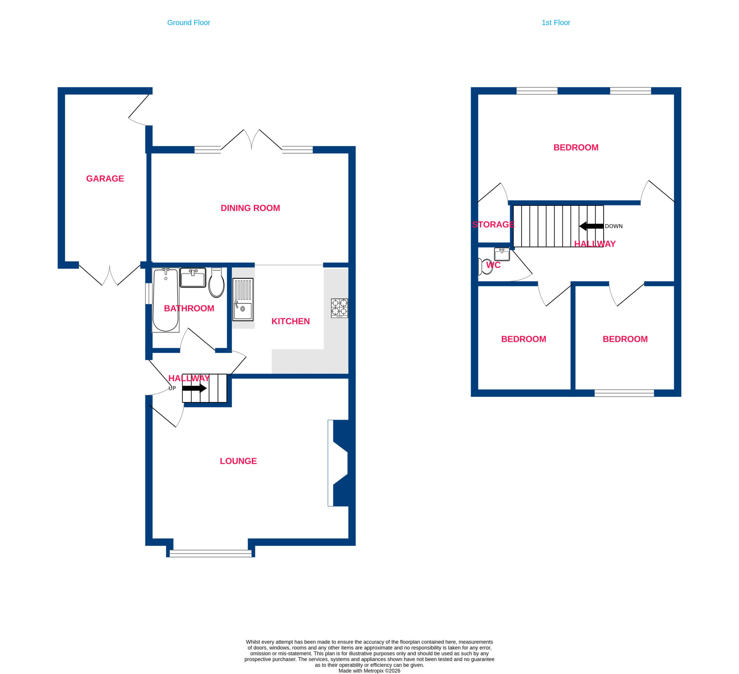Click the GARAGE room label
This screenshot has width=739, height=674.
pyautogui.click(x=105, y=178)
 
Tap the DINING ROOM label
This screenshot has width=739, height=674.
pyautogui.click(x=250, y=208)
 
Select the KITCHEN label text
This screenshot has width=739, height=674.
pyautogui.click(x=291, y=321)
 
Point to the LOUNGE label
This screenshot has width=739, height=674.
pyautogui.click(x=238, y=461)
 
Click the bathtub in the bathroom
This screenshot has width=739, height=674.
pyautogui.click(x=166, y=300)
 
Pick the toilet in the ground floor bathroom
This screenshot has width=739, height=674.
pyautogui.click(x=216, y=282)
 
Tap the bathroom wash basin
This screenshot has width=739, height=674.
pyautogui.click(x=193, y=278)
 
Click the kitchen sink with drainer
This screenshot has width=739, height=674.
pyautogui.click(x=243, y=299)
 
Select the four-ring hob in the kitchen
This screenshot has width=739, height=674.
pyautogui.click(x=339, y=308)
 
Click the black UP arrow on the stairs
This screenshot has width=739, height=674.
pyautogui.click(x=195, y=388)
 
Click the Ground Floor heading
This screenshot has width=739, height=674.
pyautogui.click(x=189, y=23)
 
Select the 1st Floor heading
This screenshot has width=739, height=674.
pyautogui.click(x=556, y=23)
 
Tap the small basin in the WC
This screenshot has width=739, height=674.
pyautogui.click(x=502, y=254)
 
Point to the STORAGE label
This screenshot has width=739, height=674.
pyautogui.click(x=493, y=224)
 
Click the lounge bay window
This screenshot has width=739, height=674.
pyautogui.click(x=210, y=553)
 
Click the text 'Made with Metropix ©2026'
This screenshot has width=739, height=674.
pyautogui.click(x=369, y=671)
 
